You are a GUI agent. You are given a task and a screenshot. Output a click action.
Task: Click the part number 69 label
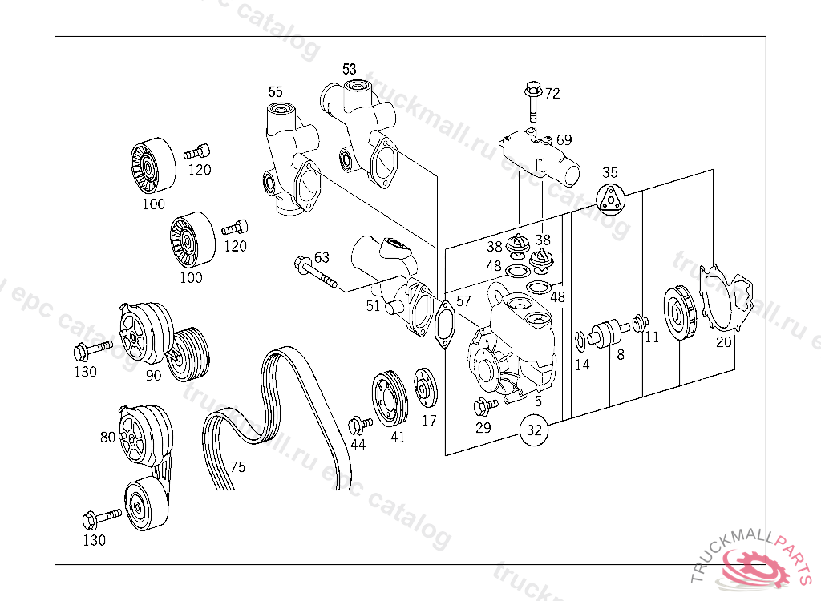(564, 140)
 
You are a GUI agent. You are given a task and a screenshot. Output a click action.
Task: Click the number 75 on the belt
(237, 467)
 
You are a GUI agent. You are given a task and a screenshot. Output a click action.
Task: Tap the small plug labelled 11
(639, 323)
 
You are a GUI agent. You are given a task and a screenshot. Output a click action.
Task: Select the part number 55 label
(275, 91)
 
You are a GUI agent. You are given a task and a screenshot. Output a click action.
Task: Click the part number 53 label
(350, 69)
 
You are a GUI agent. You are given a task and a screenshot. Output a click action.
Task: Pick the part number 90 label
(152, 375)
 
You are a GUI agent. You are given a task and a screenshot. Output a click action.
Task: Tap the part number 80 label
(107, 438)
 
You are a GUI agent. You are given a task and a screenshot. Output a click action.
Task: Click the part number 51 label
(373, 305)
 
